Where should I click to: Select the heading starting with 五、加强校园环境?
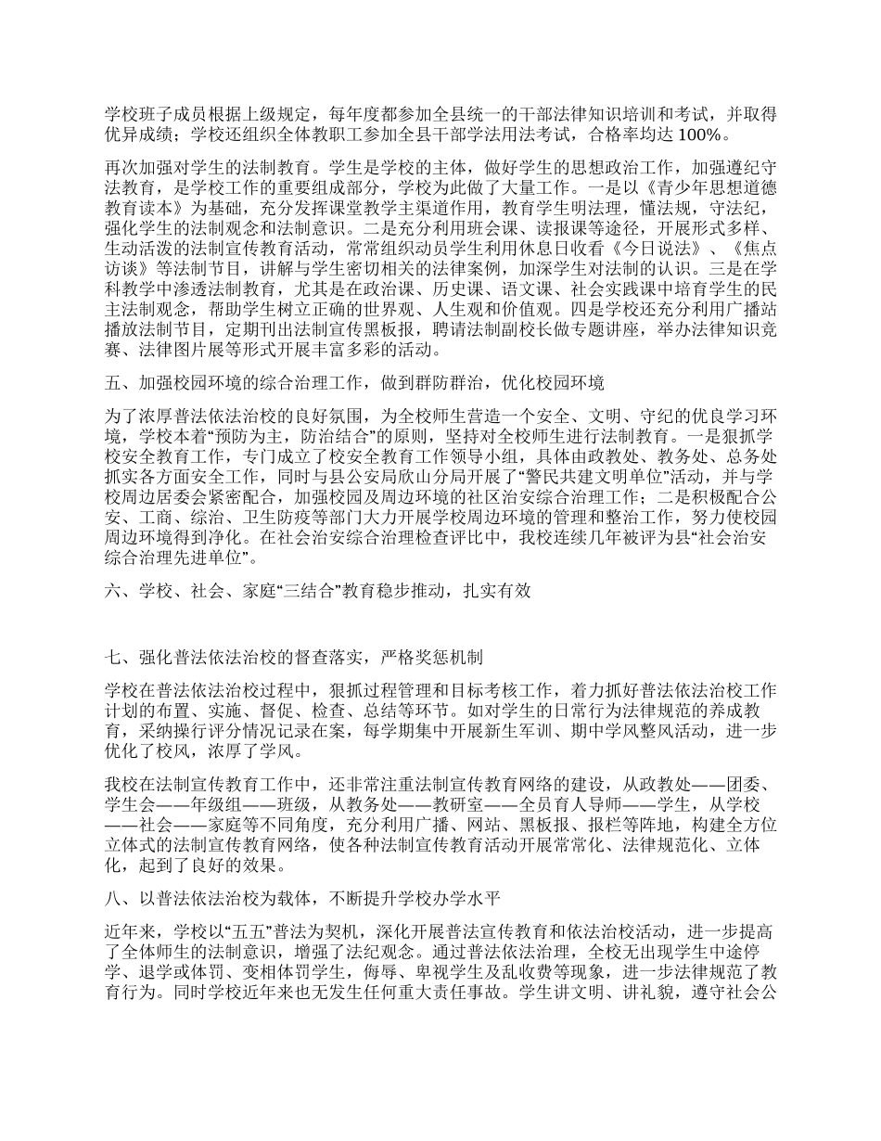[355, 383]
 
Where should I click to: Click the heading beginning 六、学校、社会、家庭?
[318, 591]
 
